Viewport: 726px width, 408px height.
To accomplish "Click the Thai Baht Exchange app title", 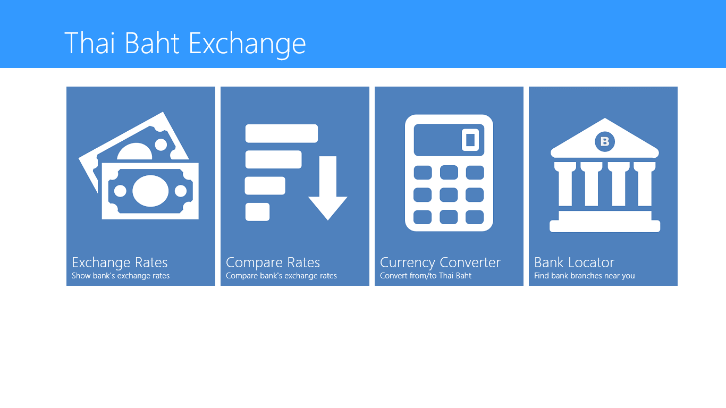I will pos(185,43).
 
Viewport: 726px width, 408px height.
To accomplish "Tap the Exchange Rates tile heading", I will pos(120,262).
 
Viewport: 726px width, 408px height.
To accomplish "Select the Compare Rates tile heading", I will pos(273,262).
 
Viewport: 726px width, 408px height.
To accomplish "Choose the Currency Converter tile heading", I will pos(440,262).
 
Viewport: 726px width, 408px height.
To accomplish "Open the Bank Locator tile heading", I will pos(574,262).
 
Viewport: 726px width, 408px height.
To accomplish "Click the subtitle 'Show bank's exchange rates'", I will pos(121,276).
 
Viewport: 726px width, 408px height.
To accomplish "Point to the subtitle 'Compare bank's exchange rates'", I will pos(281,276).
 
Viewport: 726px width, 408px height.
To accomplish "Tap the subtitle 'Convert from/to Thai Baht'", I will pos(426,276).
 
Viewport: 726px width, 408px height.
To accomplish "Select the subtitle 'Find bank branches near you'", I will pos(584,276).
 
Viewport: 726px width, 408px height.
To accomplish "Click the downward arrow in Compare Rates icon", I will pos(328,191).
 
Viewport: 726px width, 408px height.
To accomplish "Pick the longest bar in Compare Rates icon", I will pos(281,133).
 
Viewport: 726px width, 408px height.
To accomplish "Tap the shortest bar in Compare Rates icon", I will pos(257,212).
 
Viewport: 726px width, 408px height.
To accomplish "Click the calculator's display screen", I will pos(449,140).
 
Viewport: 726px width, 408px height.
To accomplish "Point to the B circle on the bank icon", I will pos(604,141).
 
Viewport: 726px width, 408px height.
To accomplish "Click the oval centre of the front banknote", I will pos(150,191).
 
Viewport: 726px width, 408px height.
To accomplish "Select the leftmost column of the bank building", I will pos(564,184).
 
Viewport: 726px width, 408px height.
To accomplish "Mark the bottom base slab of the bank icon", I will pos(605,226).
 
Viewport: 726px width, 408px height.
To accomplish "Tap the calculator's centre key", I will pos(449,194).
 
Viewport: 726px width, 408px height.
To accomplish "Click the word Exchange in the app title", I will pos(247,43).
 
